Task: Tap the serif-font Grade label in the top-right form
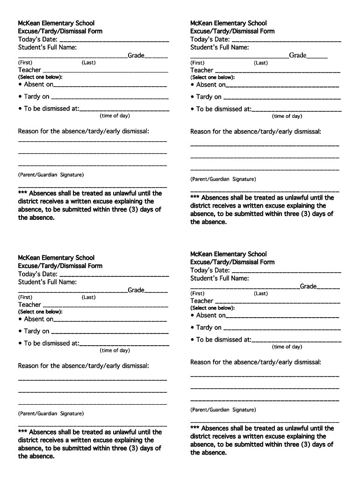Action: click(298, 55)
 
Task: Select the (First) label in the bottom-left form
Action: click(25, 297)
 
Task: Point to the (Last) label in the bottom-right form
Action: click(261, 293)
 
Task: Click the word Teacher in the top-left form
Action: click(29, 70)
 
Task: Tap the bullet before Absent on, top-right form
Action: click(192, 85)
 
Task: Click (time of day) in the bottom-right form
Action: click(287, 347)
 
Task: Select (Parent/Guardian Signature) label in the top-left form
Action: click(51, 174)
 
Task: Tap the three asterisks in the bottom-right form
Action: click(195, 428)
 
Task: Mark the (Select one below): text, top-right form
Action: click(212, 77)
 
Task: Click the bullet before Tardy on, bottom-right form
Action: click(192, 327)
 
